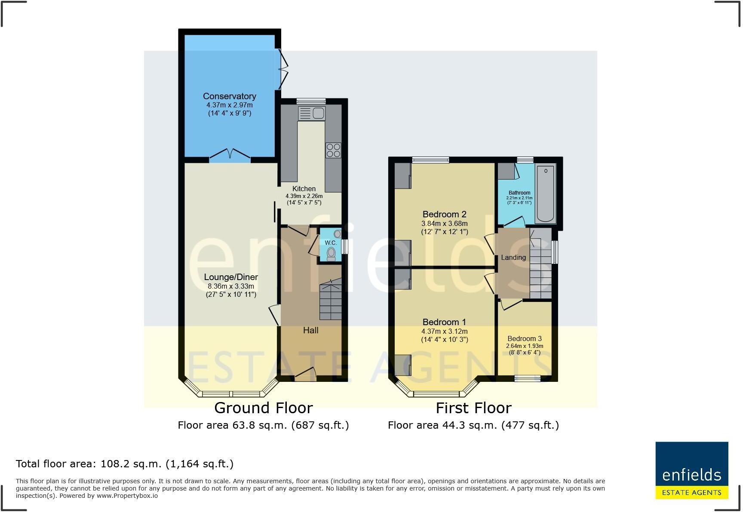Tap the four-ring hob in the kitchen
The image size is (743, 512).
[333, 150]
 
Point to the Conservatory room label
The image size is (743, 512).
[229, 96]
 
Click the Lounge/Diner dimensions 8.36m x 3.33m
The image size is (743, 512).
[231, 286]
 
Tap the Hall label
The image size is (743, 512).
[310, 330]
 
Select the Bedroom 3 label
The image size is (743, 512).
[524, 338]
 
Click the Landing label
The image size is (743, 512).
[513, 257]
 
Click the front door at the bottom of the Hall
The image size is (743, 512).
[305, 375]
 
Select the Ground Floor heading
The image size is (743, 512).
[263, 408]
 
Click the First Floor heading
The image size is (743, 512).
[473, 408]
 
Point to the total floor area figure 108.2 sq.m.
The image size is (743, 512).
[124, 464]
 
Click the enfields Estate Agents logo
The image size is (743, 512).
[691, 470]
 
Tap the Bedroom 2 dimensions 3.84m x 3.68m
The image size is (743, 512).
[444, 223]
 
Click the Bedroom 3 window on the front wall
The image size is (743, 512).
[528, 378]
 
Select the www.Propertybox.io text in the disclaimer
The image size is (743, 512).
[127, 496]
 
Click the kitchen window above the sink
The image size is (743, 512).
[311, 101]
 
